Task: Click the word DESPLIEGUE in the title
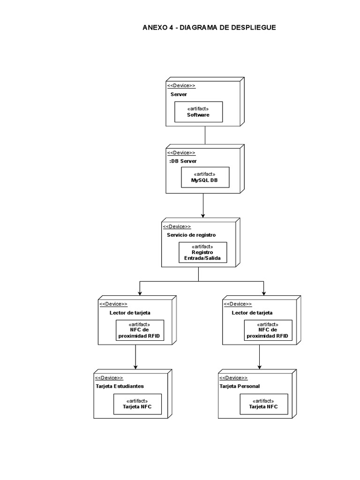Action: [x=253, y=28]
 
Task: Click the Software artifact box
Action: [x=198, y=112]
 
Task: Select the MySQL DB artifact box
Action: [x=205, y=177]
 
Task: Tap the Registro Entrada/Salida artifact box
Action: [x=202, y=253]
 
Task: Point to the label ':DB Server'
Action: [x=182, y=161]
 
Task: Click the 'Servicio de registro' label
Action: [x=191, y=235]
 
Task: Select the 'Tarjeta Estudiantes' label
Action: [x=120, y=386]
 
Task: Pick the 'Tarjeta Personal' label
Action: [x=240, y=386]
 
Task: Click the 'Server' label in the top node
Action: [x=179, y=95]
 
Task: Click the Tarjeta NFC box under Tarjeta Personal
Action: [x=263, y=404]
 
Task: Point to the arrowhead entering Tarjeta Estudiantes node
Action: [x=135, y=367]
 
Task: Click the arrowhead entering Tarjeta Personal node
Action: [x=259, y=367]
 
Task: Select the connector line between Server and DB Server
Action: [x=205, y=135]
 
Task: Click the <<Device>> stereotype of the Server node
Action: [x=181, y=86]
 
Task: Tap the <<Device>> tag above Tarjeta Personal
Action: [x=233, y=378]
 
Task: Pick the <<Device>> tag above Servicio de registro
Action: [x=177, y=226]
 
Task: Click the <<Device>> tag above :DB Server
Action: [x=181, y=153]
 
